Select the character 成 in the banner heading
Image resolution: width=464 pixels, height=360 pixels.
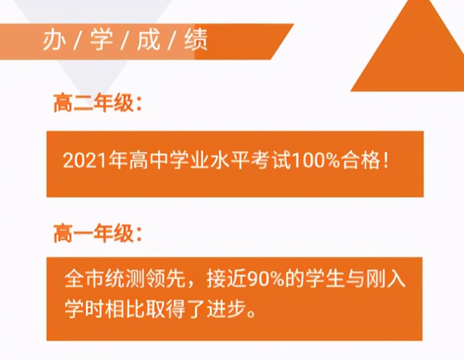[149, 41]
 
